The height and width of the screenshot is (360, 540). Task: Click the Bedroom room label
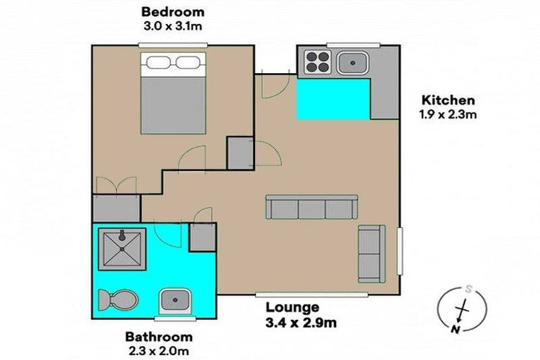coord(173,12)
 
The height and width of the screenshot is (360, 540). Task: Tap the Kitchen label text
coord(447,101)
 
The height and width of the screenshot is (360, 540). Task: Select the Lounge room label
coord(292,307)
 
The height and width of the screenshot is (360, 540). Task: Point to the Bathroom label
coord(159,337)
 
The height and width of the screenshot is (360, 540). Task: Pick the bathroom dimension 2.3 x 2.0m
coord(159,349)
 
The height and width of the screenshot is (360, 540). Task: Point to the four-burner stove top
coord(317,63)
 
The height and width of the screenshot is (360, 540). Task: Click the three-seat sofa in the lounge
coord(311,207)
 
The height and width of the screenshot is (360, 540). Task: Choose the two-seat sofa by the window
coord(371,253)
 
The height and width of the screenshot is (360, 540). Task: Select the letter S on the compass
coord(468,288)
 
